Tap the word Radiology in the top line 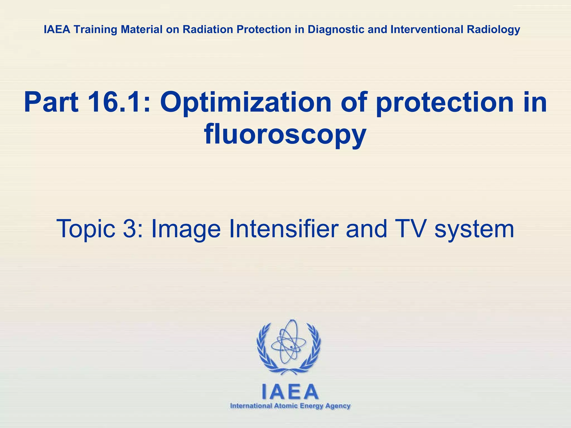(x=493, y=29)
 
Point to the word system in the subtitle (x=474, y=229)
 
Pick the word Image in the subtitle (x=186, y=229)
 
